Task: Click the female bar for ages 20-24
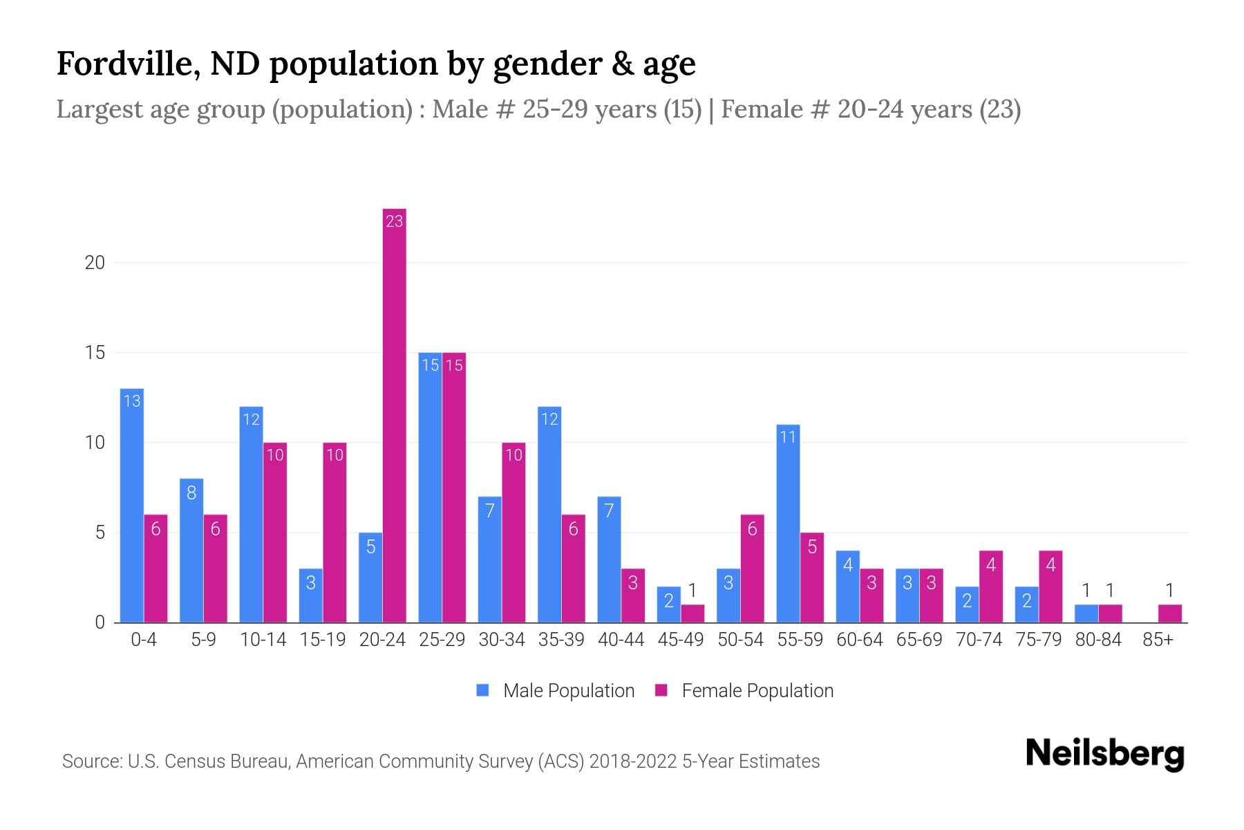coord(394,415)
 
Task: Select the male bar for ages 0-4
coord(131,505)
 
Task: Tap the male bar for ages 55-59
coord(788,524)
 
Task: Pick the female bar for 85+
coord(1170,614)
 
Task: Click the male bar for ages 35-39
coord(549,515)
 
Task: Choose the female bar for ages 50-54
coord(752,569)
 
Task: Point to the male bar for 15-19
coord(310,596)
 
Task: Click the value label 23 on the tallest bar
coord(394,221)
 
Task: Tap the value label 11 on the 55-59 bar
coord(788,437)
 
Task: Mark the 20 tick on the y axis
coord(95,263)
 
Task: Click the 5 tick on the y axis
coord(100,533)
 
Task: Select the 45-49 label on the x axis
coord(681,640)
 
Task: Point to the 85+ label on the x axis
coord(1158,640)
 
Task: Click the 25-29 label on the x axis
coord(442,640)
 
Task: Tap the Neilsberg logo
coord(1104,754)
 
